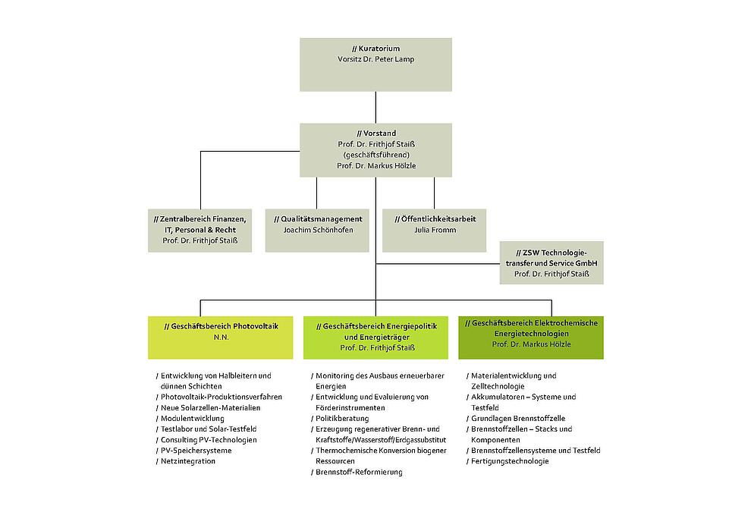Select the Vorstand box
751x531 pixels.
pos(375,150)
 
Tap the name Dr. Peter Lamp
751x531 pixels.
pos(389,59)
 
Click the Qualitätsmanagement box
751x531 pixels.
pos(318,229)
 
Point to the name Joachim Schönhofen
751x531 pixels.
pos(318,230)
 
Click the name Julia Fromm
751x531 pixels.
pos(435,230)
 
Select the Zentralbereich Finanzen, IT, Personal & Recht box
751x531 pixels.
pos(200,229)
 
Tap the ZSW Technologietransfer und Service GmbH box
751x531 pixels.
pos(551,262)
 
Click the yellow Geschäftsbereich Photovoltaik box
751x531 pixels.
pos(221,335)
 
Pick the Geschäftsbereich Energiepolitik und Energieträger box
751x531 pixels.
pos(375,335)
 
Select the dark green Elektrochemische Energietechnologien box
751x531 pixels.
pos(531,335)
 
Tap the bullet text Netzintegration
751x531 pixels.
pos(187,460)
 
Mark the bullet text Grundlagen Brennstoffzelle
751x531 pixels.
pos(517,418)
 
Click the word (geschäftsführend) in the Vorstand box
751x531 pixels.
pos(375,154)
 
